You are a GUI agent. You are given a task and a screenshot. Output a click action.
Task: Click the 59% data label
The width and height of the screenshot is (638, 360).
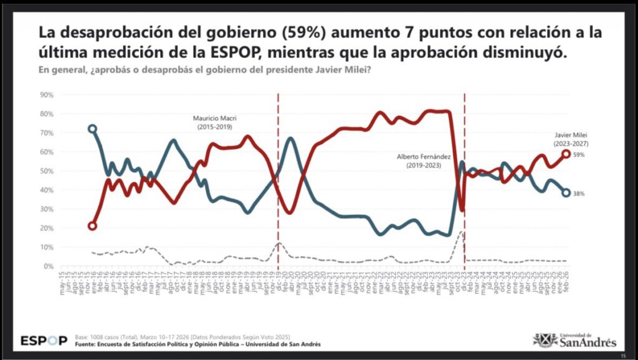(x=579, y=154)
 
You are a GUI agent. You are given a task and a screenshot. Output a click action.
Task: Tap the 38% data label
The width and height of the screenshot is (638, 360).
(x=579, y=194)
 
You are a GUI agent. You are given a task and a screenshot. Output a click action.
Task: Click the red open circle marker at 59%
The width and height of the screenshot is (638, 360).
(x=566, y=154)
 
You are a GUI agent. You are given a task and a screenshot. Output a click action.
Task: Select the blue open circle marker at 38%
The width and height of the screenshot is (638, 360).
(x=566, y=193)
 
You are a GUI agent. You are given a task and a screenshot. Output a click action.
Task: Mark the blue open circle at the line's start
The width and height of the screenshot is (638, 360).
(x=92, y=129)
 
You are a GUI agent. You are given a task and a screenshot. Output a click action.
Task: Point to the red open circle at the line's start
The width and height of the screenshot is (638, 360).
(x=92, y=226)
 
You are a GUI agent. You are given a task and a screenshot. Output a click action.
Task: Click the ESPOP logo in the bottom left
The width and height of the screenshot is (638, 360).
(x=44, y=341)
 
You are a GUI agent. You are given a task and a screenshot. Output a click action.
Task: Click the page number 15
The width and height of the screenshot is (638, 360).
(x=622, y=354)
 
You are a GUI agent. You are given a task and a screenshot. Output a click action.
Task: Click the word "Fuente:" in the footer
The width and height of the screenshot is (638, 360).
(x=87, y=344)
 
